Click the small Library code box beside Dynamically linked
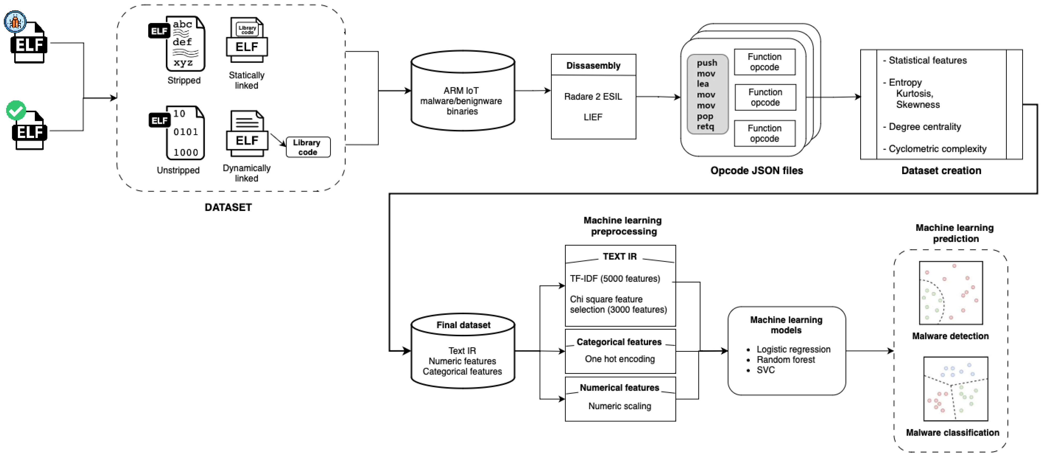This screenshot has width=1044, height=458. [x=308, y=147]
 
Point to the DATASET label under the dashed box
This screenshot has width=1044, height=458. [x=228, y=207]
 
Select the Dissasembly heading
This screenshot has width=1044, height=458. [x=593, y=65]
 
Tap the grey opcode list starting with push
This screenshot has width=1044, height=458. [x=707, y=94]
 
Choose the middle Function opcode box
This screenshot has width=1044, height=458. [x=765, y=97]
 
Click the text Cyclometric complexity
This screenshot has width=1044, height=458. [x=937, y=149]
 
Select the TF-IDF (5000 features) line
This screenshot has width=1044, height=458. [x=615, y=279]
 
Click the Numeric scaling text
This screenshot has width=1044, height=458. [x=620, y=406]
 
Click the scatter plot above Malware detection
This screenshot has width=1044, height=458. [x=951, y=293]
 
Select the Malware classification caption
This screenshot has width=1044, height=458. [x=952, y=433]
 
